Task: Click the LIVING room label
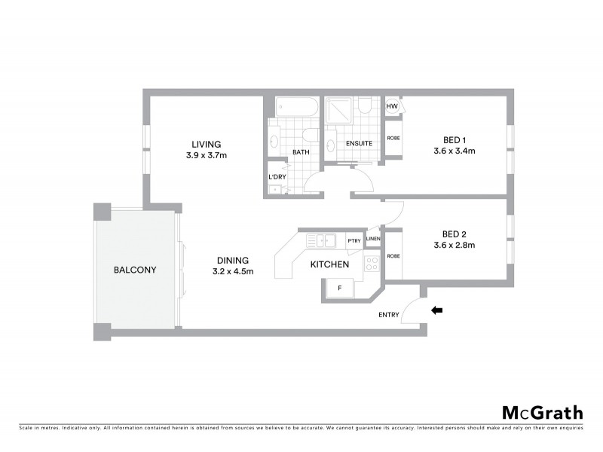coord(206,144)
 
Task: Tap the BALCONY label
coord(135,269)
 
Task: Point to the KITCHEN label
coord(330,264)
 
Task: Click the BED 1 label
coord(455,139)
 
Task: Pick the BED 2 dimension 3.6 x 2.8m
coord(454,245)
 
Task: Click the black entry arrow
coord(436,309)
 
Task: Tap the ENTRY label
coord(389,315)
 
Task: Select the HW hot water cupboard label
coord(391,107)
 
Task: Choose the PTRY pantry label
coord(354,241)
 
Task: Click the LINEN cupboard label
coord(373,239)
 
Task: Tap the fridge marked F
coord(340,288)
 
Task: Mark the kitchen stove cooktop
coord(371,263)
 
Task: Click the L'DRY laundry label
coord(276,177)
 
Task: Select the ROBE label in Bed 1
coord(393,139)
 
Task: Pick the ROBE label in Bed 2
coord(393,255)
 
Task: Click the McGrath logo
coord(542,412)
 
